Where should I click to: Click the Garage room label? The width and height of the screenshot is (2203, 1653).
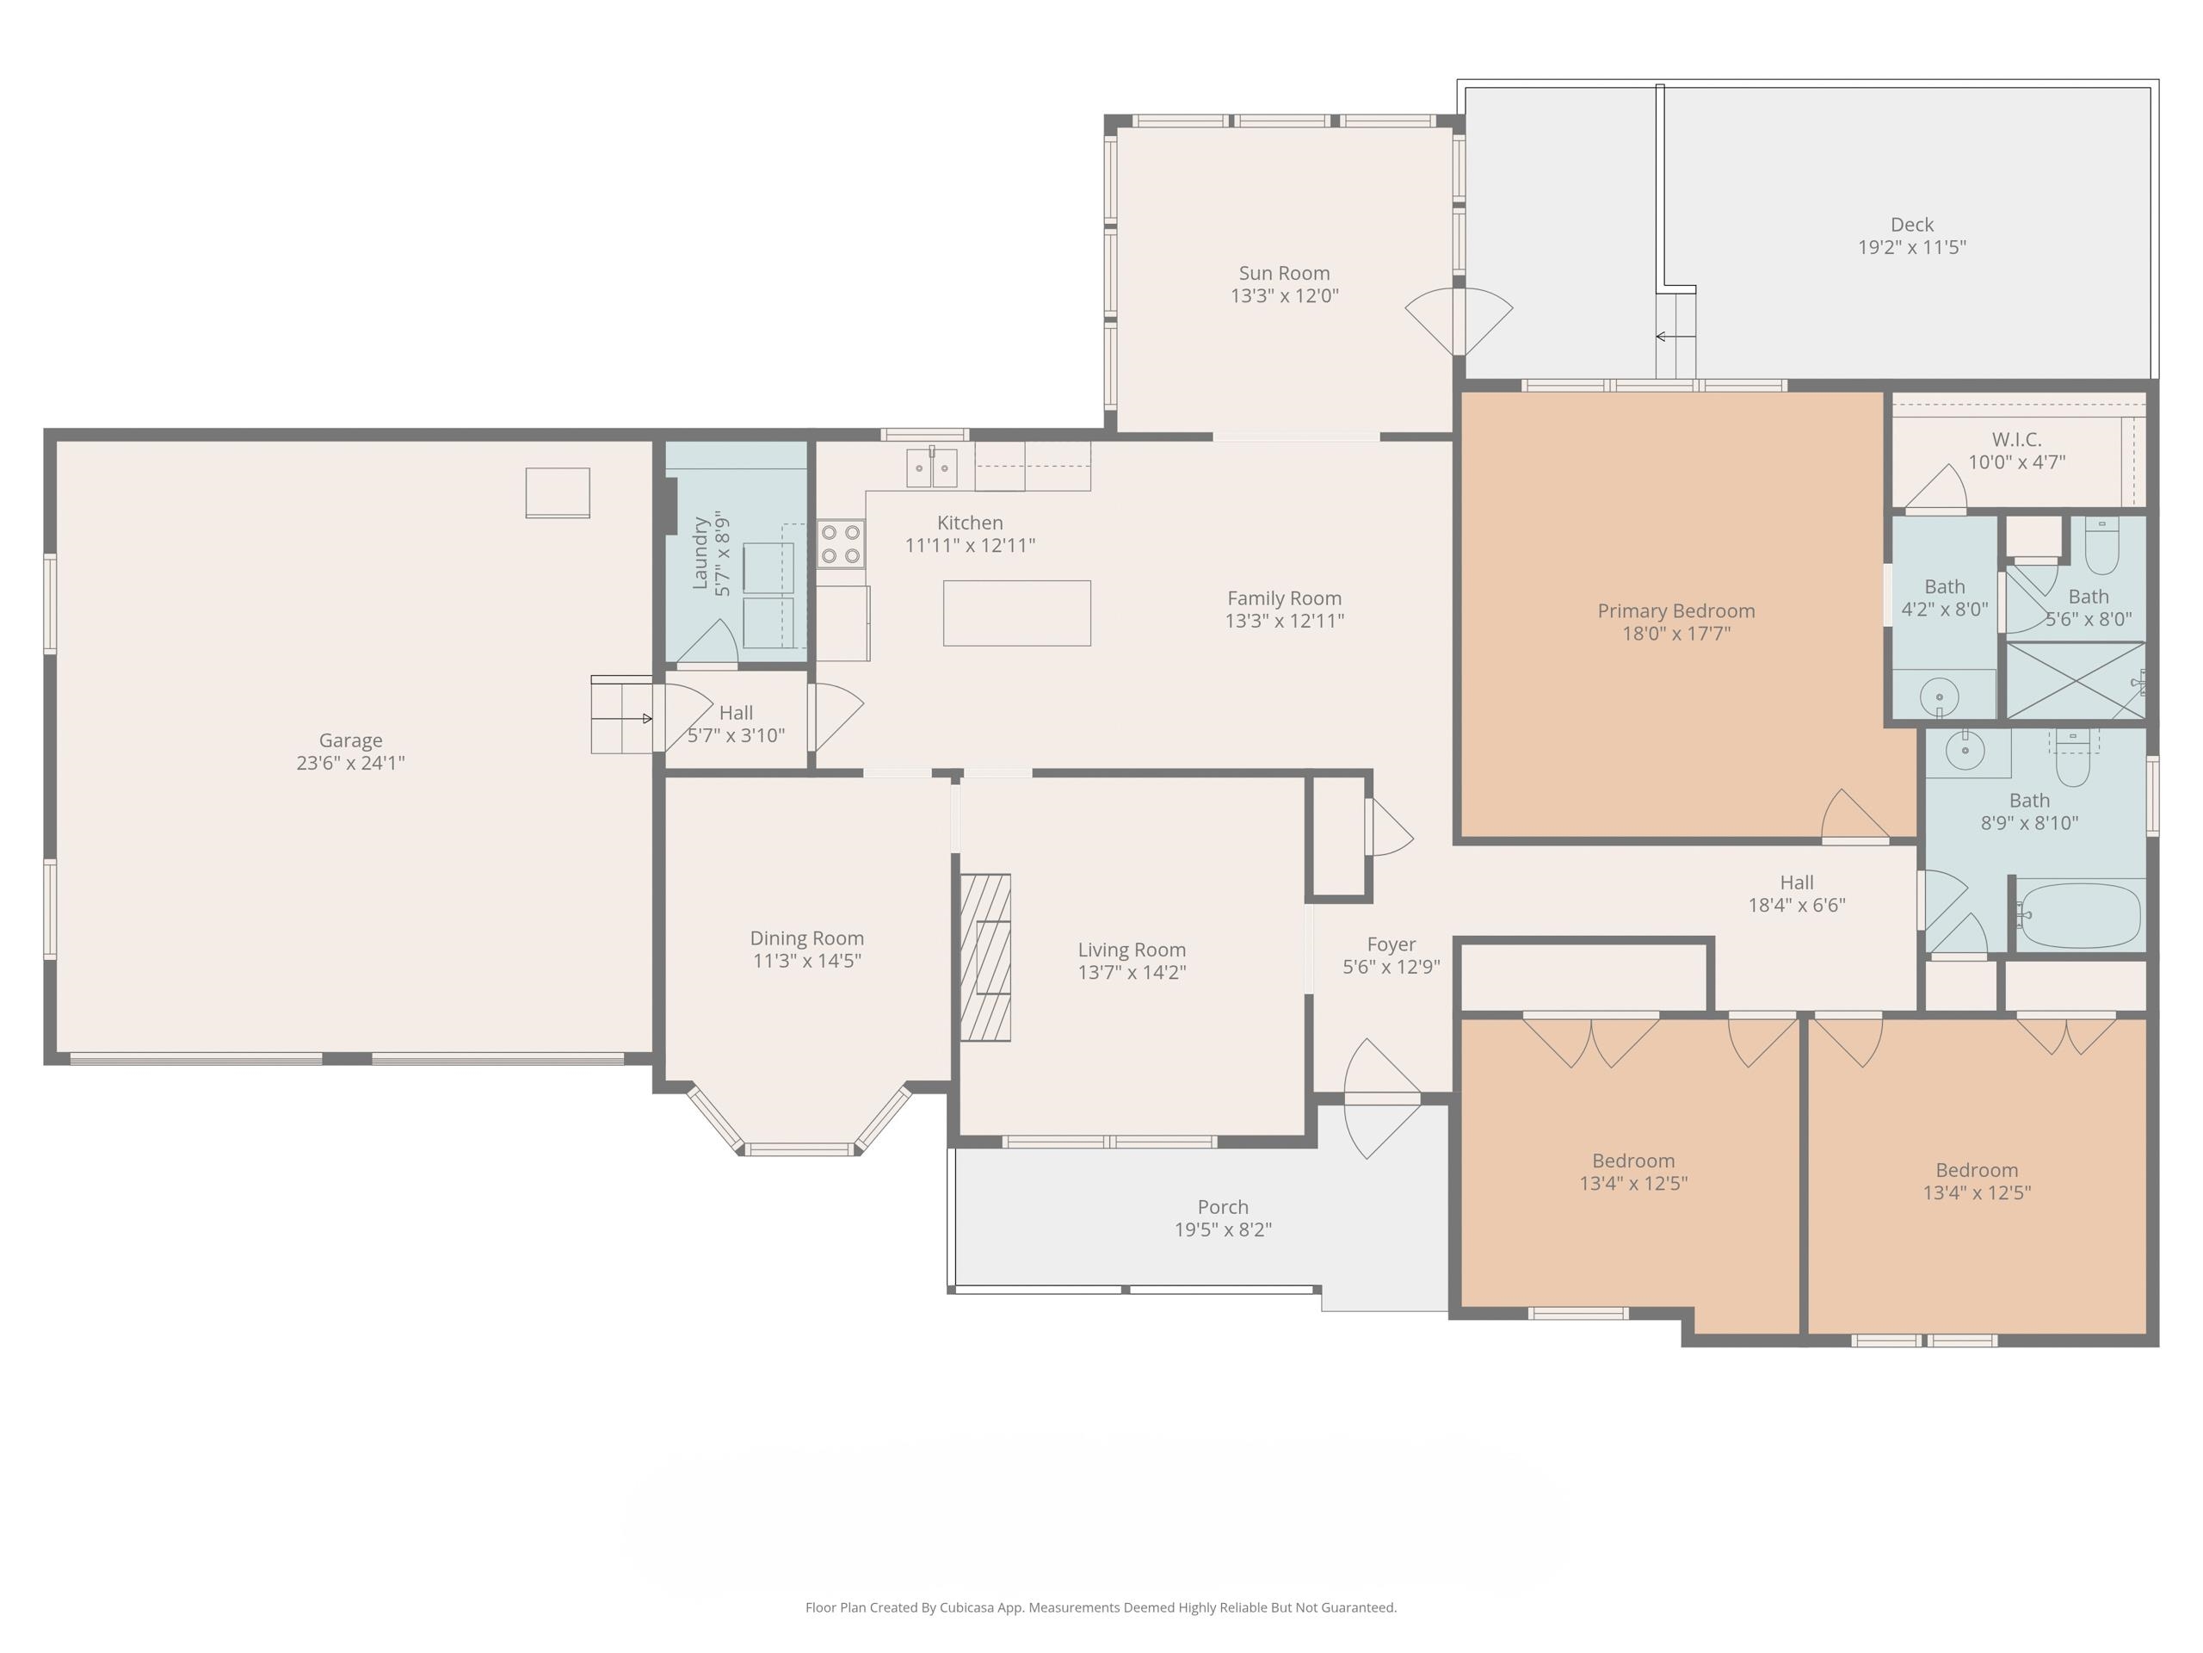(349, 740)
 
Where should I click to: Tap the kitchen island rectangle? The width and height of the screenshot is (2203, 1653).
(1017, 613)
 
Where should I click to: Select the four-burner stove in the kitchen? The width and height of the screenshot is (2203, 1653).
(841, 544)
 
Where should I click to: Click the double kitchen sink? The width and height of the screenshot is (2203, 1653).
(931, 468)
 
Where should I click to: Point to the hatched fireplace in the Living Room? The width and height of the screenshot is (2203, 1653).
(985, 957)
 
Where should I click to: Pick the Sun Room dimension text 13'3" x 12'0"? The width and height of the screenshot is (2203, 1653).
(1284, 296)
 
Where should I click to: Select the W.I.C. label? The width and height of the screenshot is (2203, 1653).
(2015, 439)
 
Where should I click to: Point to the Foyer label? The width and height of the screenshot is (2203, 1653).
(1391, 944)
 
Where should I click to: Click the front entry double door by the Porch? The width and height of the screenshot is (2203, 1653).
(1382, 1098)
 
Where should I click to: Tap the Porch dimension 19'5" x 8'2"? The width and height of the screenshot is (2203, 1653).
(1222, 1229)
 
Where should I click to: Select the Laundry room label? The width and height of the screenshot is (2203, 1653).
(700, 554)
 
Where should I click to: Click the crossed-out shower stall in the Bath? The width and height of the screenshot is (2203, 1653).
(2075, 680)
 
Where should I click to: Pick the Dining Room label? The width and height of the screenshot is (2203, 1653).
(805, 938)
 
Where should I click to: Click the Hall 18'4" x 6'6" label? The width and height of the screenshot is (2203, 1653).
(1796, 882)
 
